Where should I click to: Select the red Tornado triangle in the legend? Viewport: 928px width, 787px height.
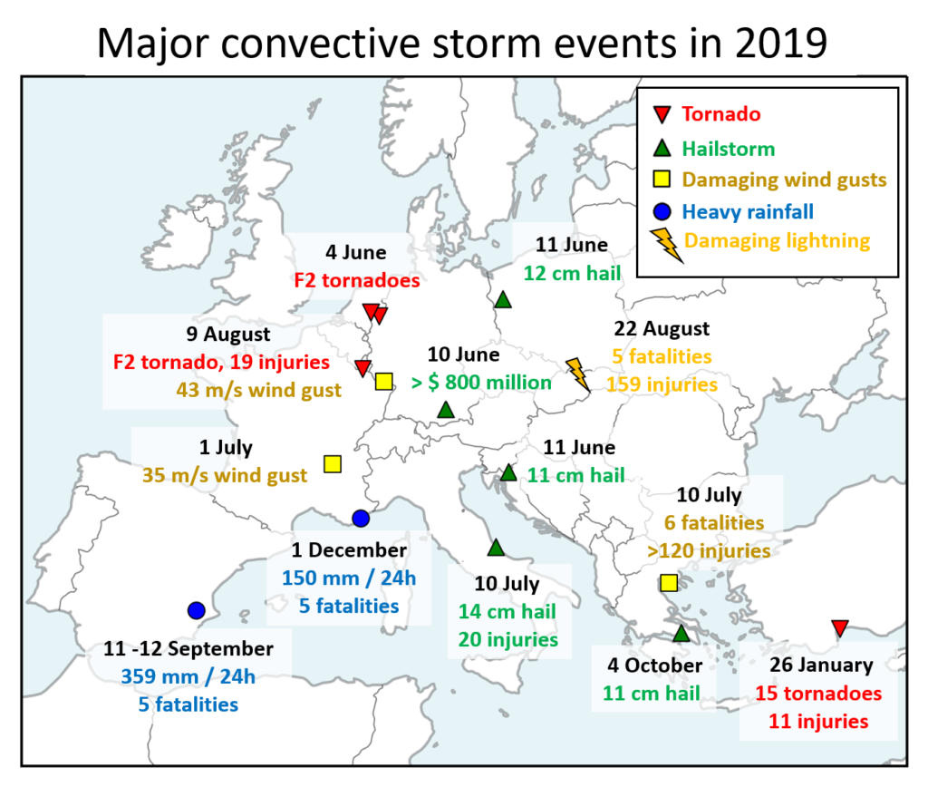(662, 113)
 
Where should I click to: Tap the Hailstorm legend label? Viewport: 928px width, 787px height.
(728, 149)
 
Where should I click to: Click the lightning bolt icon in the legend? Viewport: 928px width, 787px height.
(666, 245)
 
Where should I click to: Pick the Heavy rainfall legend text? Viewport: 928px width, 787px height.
(748, 211)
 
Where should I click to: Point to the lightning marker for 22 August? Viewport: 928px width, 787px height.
(577, 374)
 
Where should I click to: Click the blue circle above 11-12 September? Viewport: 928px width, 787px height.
(196, 610)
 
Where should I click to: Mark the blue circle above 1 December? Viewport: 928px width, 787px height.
(361, 518)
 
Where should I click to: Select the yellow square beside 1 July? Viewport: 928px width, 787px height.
(333, 464)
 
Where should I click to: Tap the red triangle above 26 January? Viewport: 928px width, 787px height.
(840, 627)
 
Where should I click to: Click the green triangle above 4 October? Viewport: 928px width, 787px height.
(681, 633)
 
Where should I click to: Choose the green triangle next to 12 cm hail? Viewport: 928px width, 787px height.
(503, 299)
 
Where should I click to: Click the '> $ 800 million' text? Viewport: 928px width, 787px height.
(482, 383)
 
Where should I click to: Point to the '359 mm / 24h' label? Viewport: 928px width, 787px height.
(188, 676)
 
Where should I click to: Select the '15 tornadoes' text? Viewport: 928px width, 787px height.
(818, 693)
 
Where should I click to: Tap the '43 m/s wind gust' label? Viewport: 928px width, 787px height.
(258, 390)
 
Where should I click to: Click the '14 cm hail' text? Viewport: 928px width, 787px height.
(507, 611)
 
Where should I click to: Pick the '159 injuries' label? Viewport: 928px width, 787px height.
(662, 384)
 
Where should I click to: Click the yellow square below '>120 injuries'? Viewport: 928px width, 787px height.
(669, 583)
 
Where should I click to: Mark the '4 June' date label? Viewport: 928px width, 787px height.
(355, 252)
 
